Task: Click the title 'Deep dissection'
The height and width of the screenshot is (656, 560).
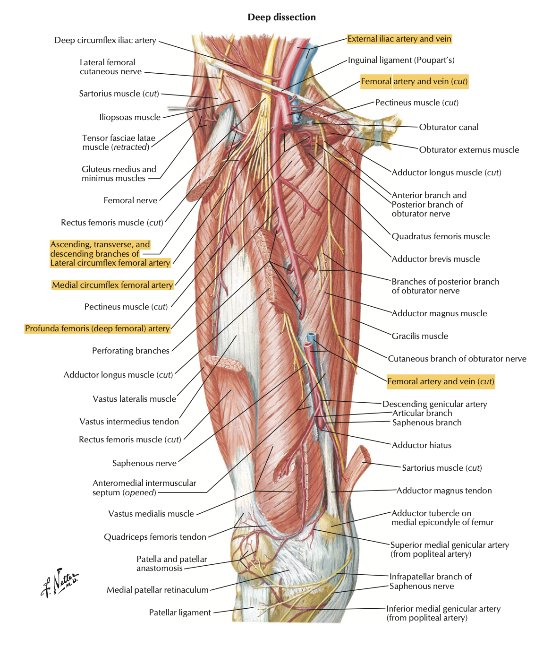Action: point(281,17)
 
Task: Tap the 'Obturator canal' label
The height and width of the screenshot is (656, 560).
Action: point(449,127)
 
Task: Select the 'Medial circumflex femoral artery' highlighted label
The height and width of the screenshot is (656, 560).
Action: point(112,285)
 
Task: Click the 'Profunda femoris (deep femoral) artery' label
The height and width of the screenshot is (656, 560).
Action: point(97,328)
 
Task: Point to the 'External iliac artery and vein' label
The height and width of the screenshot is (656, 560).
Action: point(399,39)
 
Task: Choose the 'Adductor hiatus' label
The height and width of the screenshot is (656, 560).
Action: point(421,445)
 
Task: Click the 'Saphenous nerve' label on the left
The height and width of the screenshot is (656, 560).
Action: point(144,463)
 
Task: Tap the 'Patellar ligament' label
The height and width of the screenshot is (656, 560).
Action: point(180,613)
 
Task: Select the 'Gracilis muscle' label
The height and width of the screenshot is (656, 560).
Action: point(419,336)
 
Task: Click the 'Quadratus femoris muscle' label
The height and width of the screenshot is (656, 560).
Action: point(440,236)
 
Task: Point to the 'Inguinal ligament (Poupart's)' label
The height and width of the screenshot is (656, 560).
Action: point(401,60)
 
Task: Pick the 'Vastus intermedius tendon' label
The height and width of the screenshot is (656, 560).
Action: point(129,422)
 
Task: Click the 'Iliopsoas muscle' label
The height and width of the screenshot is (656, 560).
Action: point(130,117)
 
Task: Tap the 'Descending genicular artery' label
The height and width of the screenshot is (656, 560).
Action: point(434,404)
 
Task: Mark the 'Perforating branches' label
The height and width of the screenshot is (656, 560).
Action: point(130,351)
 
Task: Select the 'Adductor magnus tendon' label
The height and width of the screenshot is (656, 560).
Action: point(444,491)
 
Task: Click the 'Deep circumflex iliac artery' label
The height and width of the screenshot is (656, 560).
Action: point(105,41)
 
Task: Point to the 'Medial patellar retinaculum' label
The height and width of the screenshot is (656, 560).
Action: point(157,590)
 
